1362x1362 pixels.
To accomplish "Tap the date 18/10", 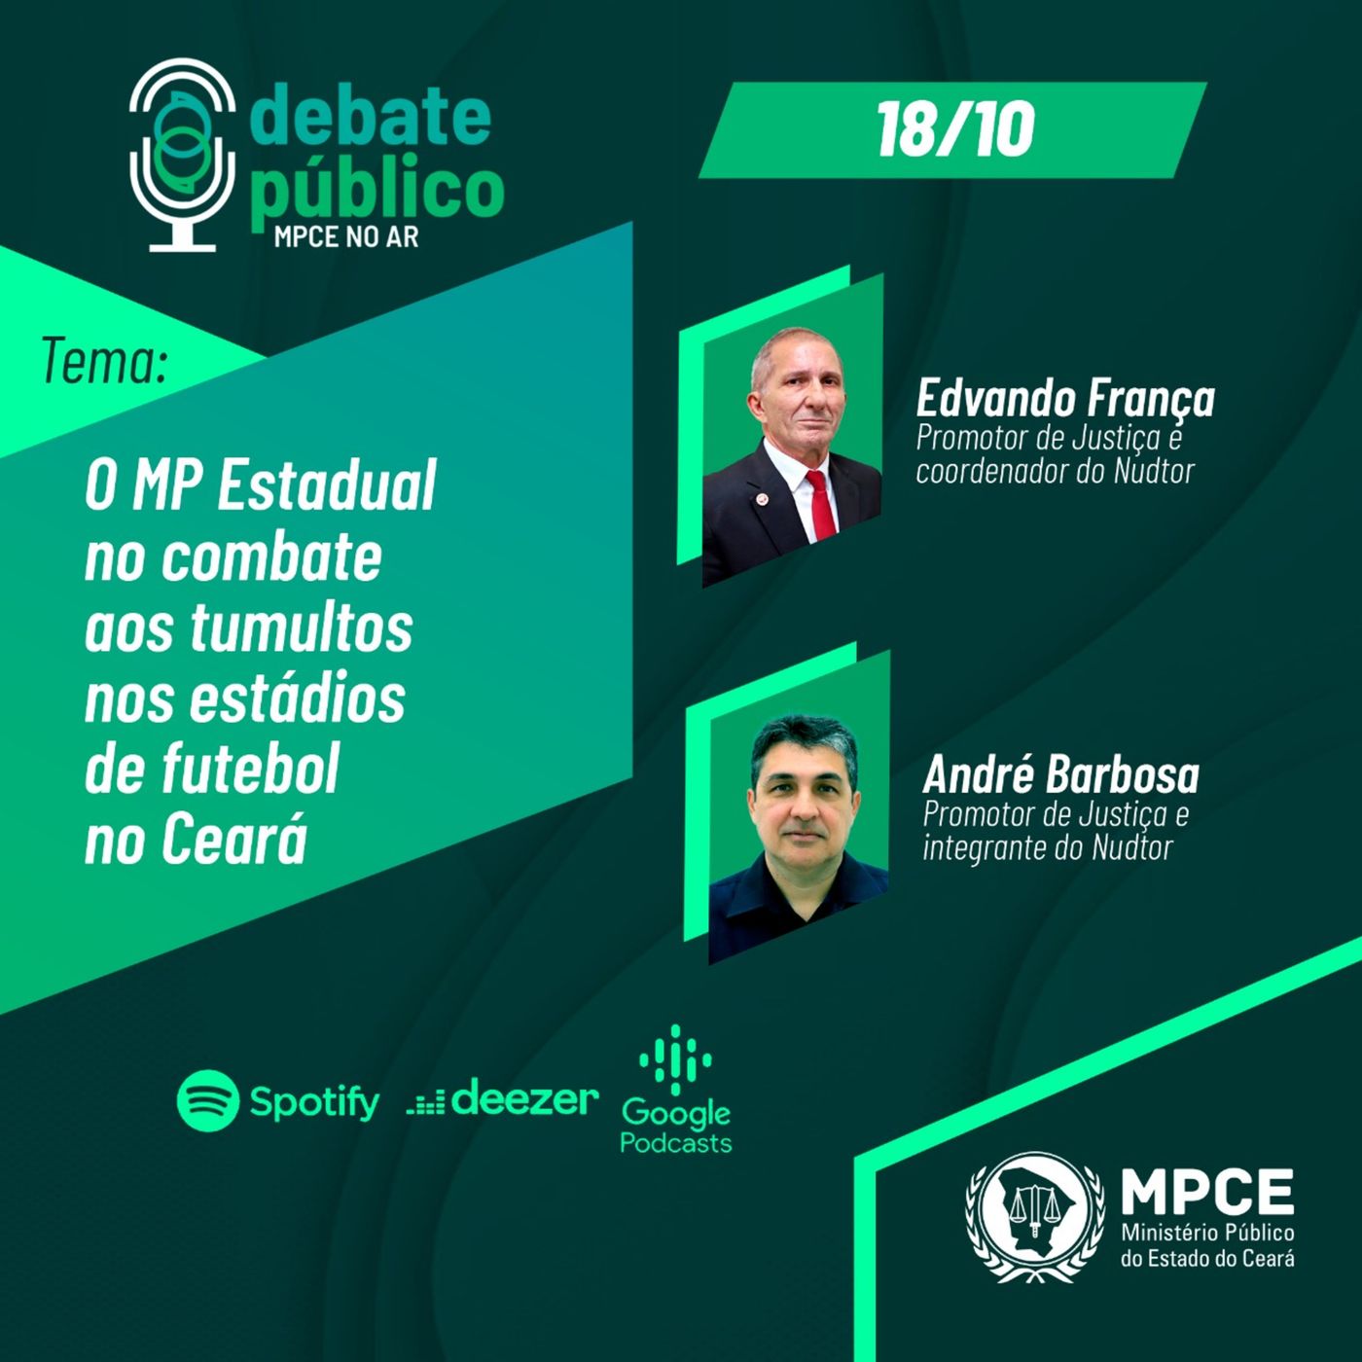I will click(x=954, y=130).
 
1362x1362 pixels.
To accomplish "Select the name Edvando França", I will click(x=1065, y=399).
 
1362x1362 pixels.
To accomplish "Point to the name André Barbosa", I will click(x=1060, y=775).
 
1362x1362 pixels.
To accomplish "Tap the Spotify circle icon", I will click(x=207, y=1100).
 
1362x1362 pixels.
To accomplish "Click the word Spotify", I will click(x=314, y=1102).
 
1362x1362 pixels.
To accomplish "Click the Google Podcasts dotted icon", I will click(x=675, y=1058).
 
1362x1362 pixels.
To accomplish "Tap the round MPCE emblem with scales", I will click(x=1034, y=1216).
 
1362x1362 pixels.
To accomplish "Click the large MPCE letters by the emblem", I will click(x=1207, y=1191).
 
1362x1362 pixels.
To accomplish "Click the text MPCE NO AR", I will click(x=346, y=236).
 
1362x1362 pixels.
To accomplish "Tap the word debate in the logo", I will click(x=370, y=117).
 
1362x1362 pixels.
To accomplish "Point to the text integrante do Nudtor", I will click(x=1048, y=847).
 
